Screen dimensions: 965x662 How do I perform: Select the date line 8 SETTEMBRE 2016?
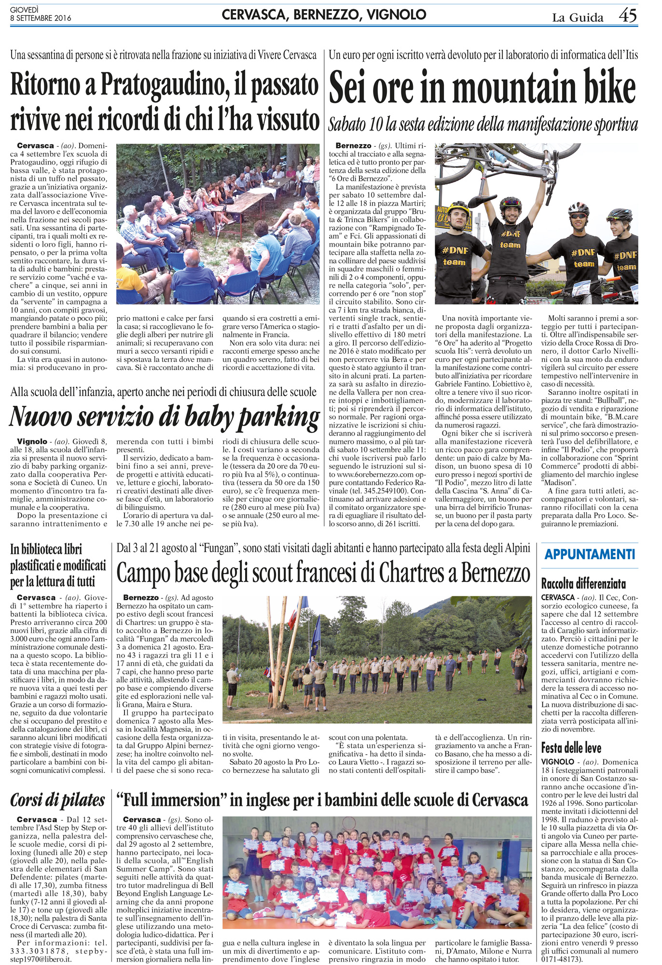[x=41, y=18]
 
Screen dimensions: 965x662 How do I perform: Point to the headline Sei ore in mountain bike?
[x=483, y=88]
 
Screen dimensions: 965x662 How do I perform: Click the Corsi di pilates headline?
[x=58, y=800]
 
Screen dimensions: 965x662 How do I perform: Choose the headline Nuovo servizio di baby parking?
[x=164, y=416]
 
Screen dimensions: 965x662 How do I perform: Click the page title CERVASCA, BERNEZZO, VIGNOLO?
[x=324, y=15]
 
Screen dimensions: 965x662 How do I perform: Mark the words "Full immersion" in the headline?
[x=171, y=800]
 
